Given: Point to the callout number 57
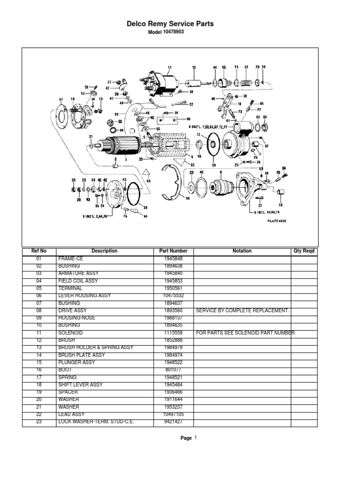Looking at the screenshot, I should [x=60, y=99].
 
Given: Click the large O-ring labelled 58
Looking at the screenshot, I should [x=133, y=194].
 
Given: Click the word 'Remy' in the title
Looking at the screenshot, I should [x=166, y=24].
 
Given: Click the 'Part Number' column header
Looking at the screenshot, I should [x=173, y=251].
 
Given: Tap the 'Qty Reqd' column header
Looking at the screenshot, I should [x=304, y=251].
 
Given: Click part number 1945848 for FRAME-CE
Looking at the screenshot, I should [x=173, y=259].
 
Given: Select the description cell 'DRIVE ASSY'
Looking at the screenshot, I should [x=72, y=311].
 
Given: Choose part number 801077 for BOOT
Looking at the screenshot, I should [x=173, y=370].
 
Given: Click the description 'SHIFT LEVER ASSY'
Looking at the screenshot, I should [x=80, y=385].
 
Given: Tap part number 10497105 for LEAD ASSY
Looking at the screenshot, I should [x=173, y=414].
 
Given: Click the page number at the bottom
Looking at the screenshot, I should [x=195, y=438].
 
